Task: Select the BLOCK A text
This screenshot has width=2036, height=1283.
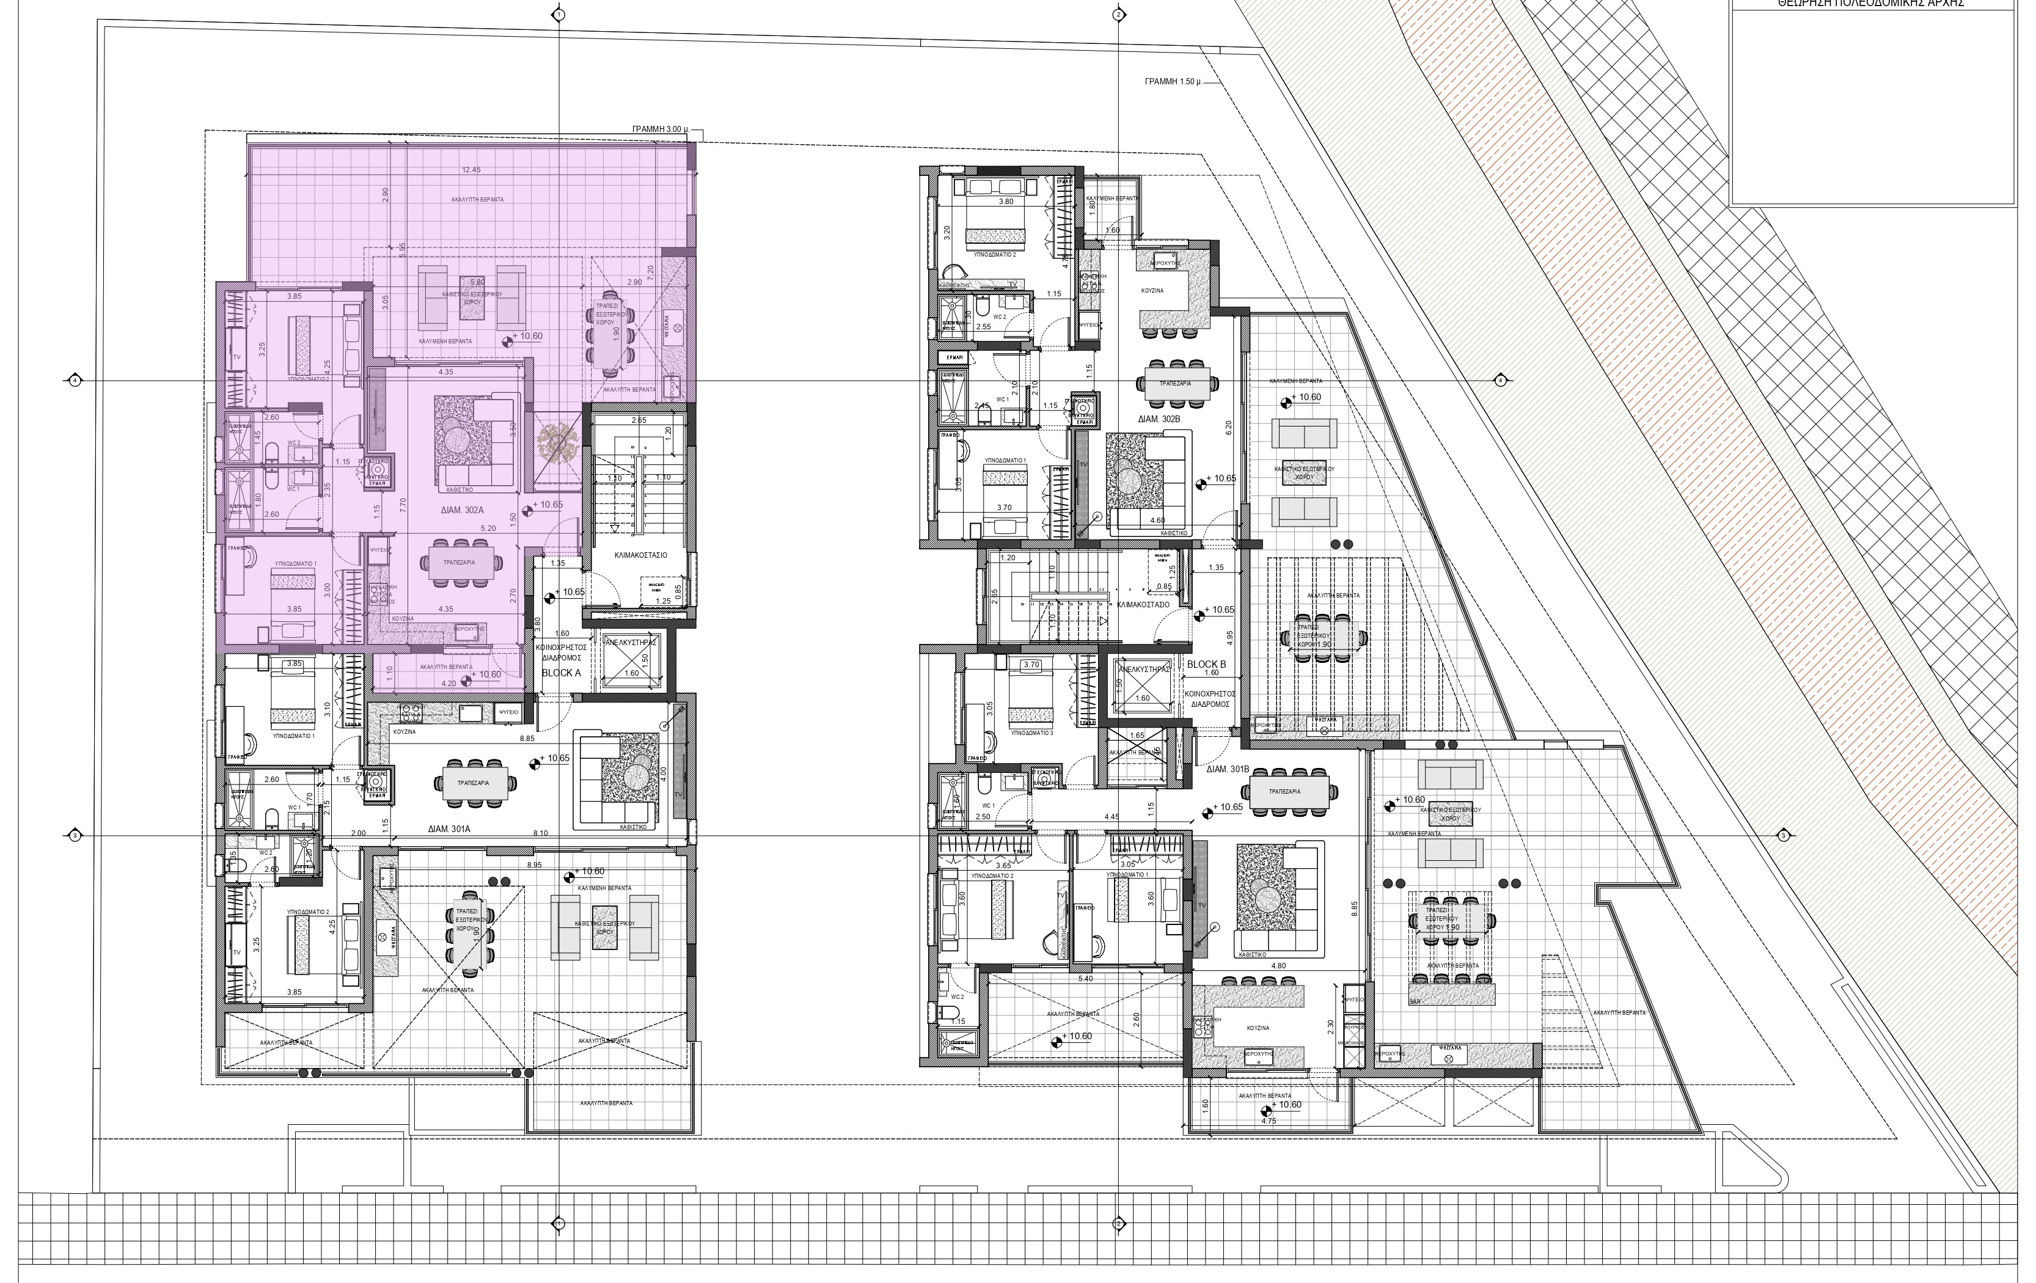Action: point(562,674)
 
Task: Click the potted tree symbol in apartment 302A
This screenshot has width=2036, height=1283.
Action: point(556,442)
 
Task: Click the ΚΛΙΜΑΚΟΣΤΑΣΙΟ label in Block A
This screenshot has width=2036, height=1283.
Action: point(641,555)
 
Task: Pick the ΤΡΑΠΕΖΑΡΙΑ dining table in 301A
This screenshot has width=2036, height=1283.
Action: point(474,783)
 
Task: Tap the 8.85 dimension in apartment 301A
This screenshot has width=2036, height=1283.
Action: point(527,738)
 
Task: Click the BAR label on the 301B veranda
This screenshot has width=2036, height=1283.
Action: point(1415,1001)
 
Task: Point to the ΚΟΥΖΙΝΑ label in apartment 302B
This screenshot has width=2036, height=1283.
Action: point(1152,290)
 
